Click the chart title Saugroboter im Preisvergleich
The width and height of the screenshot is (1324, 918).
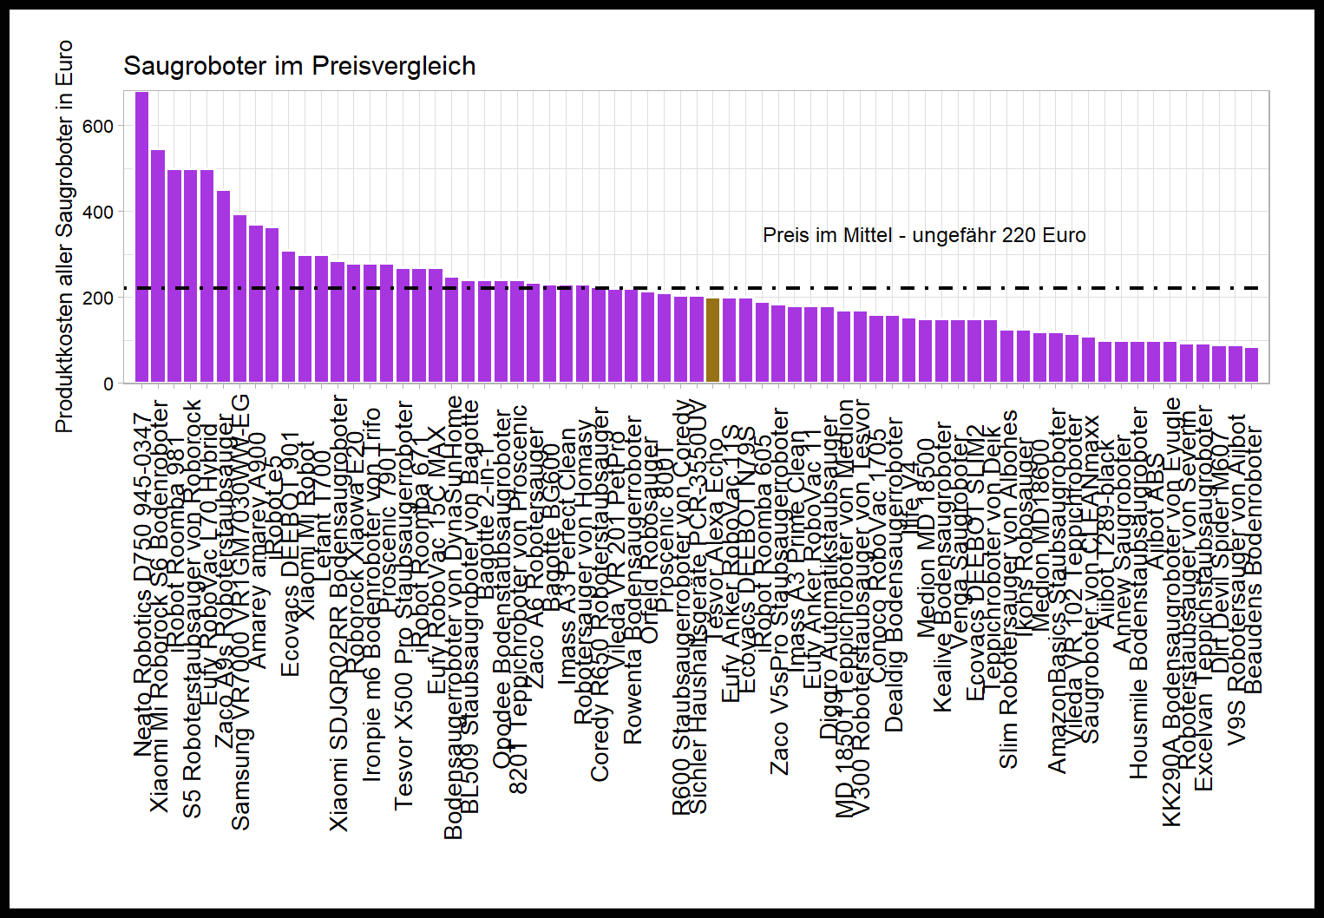point(299,66)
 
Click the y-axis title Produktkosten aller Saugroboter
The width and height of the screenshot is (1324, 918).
point(64,236)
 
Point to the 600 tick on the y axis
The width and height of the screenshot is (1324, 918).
point(98,127)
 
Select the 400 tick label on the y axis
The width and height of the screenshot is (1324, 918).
point(98,213)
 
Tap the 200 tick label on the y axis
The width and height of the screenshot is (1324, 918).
point(98,298)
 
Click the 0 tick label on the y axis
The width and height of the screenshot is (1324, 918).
point(108,384)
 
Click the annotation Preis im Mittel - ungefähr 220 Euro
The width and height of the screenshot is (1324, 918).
point(924,235)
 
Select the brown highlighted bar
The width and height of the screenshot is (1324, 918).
point(713,340)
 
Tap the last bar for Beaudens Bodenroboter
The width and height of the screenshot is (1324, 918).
point(1251,365)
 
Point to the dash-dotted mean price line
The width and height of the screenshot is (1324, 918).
point(868,287)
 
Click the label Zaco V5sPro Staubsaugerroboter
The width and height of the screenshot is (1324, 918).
point(780,591)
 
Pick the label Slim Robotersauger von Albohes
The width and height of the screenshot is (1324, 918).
point(1008,589)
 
